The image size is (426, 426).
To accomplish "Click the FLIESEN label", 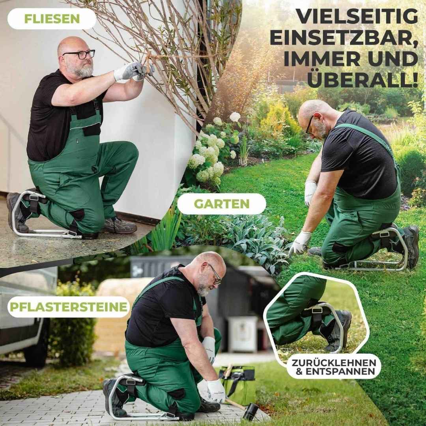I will pos(52,19).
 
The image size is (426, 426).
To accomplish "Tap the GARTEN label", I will pos(221,204).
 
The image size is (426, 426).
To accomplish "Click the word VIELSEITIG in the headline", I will pos(357,17).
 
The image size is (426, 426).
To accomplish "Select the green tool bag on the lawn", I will pos(237,385).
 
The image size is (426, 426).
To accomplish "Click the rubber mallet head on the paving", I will pos(250,412).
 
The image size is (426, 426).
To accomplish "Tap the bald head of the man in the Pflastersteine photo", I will pos(209,262).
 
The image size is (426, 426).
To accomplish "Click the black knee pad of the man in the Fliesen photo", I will pos(77,215).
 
